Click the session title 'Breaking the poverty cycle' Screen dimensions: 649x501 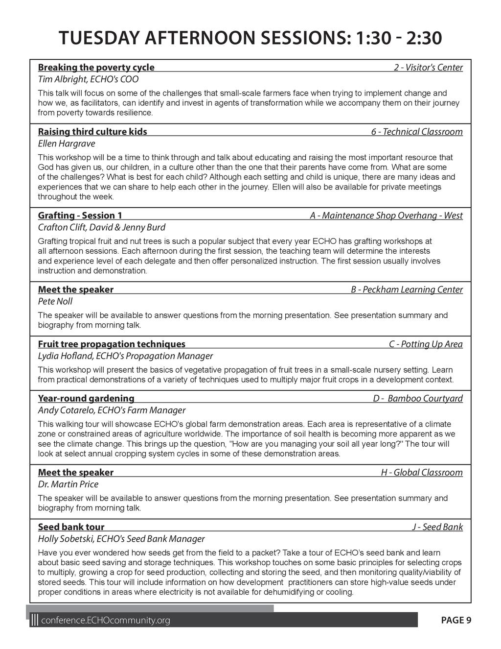[x=96, y=68]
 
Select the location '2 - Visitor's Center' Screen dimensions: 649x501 [x=428, y=68]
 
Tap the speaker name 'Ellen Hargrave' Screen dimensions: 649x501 [x=67, y=144]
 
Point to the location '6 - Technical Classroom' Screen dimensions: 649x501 [x=416, y=132]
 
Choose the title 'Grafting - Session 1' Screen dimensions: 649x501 [x=80, y=216]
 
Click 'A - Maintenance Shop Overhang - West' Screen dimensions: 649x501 [x=386, y=216]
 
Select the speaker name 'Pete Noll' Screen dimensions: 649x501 [x=55, y=302]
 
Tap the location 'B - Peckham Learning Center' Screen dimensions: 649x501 [x=407, y=290]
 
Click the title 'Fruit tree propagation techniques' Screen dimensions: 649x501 [x=112, y=344]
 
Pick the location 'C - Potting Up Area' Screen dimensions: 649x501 [x=426, y=344]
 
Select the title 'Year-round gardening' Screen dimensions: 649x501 [x=86, y=399]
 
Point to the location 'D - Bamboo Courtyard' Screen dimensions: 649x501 [x=418, y=399]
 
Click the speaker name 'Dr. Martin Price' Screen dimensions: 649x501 [x=68, y=484]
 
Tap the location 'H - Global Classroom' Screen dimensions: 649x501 [x=422, y=473]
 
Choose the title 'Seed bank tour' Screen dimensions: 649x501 [x=71, y=528]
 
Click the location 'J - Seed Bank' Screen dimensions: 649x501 [x=437, y=528]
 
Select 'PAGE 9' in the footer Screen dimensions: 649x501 [x=456, y=621]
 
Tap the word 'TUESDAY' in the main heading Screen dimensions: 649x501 [x=101, y=38]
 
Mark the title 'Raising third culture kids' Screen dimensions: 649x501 [x=92, y=132]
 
